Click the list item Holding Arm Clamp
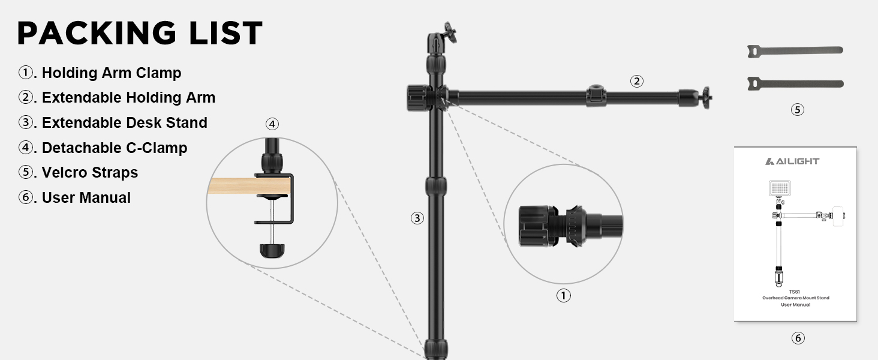click(x=112, y=73)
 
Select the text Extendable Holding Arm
click(x=128, y=98)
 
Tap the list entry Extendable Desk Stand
click(x=125, y=123)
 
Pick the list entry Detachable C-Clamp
click(x=115, y=148)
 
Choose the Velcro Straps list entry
click(x=90, y=173)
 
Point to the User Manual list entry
click(x=86, y=197)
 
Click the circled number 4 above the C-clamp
click(x=272, y=124)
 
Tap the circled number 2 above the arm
click(x=636, y=81)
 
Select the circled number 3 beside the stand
click(x=417, y=218)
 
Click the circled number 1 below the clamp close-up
click(x=564, y=295)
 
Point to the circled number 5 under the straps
click(x=797, y=109)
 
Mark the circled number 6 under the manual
click(x=798, y=338)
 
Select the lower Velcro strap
click(x=795, y=83)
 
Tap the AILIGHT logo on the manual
click(x=792, y=161)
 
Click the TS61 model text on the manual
click(x=795, y=292)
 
